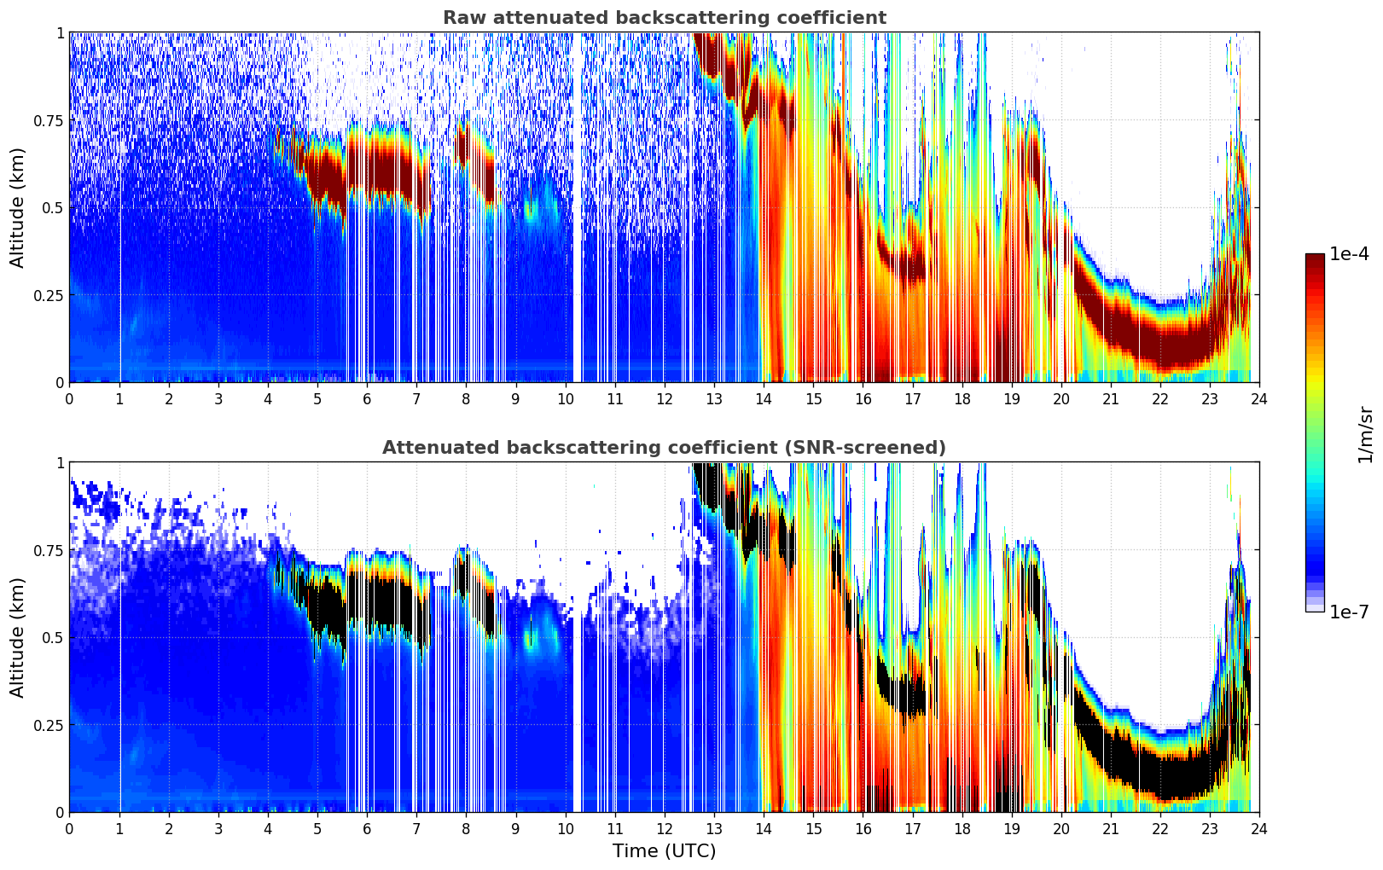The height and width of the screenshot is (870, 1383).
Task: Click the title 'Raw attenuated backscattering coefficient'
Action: [x=664, y=18]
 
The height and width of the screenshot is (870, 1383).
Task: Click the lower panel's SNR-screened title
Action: [x=664, y=448]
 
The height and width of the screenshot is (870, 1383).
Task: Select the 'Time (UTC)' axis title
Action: [x=664, y=851]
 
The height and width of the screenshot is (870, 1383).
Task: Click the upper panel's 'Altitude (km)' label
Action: [x=18, y=207]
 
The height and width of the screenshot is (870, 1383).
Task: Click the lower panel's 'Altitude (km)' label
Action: [x=18, y=637]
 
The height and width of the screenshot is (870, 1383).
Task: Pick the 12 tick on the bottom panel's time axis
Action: [x=664, y=829]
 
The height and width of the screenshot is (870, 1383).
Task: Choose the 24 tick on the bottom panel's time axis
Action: [x=1259, y=829]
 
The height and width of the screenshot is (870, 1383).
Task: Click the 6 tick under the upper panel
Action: [x=367, y=399]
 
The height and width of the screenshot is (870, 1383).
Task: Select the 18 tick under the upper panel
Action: [x=962, y=399]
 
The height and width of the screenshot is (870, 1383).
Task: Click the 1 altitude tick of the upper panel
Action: [x=60, y=32]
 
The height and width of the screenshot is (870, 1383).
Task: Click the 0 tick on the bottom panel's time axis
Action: [x=69, y=829]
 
